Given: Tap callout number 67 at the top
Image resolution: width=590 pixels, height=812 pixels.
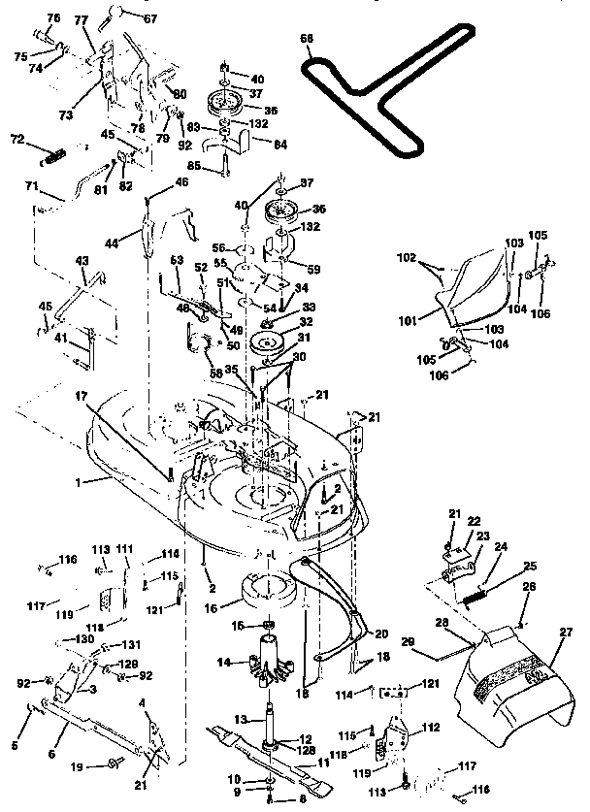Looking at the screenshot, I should click(149, 18).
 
